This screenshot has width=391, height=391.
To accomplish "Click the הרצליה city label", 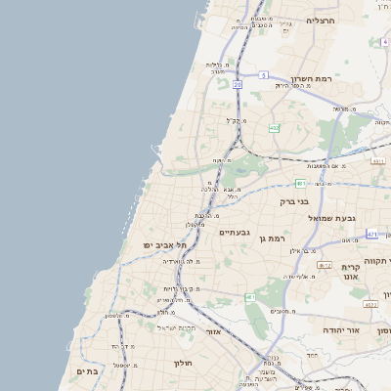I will point(321,20).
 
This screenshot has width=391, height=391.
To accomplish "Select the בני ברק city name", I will point(294,201).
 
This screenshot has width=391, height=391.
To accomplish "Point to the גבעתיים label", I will point(237,232).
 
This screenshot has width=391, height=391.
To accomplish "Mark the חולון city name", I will point(185,363).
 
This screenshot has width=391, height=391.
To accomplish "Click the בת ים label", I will point(87,371).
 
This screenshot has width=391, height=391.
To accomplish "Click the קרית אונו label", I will point(351,271).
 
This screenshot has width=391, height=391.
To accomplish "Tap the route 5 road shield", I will point(263,74).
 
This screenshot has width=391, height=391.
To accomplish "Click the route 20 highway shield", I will point(237,85).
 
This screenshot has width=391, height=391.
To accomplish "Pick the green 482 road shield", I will point(274,127).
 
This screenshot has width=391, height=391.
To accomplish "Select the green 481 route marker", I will point(301,183).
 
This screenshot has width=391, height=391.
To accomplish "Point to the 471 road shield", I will point(372,235).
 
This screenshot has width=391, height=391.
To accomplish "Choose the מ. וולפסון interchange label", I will point(115,315).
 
